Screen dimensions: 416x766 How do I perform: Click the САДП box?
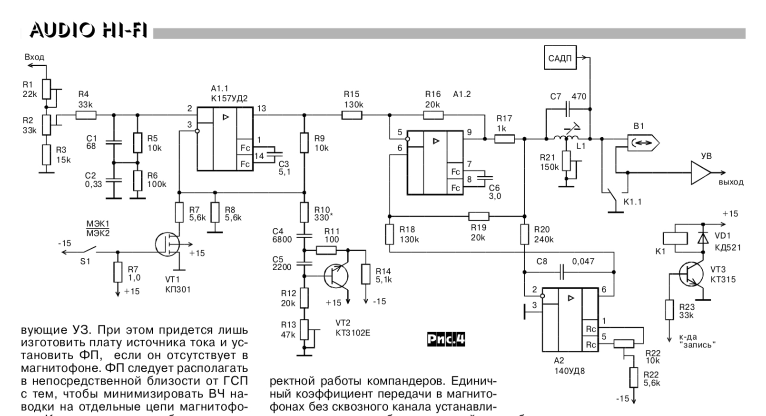560,58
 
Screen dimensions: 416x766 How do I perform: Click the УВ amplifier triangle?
700,172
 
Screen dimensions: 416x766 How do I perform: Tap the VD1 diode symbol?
702,238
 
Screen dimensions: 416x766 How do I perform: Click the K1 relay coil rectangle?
675,238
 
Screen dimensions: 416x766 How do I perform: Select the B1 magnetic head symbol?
642,142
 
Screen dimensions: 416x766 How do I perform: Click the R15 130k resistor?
352,115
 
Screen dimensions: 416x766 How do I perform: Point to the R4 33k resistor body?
86,115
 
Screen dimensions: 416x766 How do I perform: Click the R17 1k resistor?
504,139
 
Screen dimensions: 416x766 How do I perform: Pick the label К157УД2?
229,99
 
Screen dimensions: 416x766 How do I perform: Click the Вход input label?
34,57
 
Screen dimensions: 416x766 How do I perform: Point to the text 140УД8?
569,370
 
